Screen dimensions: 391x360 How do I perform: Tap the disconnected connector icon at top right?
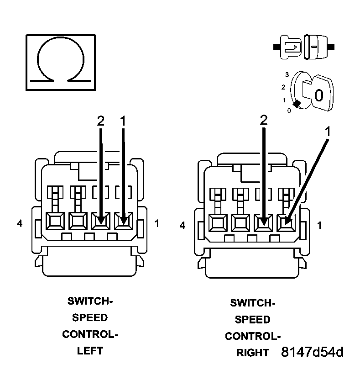303,47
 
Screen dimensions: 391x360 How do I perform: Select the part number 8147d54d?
312,352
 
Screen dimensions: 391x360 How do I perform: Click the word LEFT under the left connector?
90,351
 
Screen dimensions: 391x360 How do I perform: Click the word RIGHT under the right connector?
253,353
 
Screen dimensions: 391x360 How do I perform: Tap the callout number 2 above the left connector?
100,121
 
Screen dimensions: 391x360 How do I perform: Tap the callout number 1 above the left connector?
122,121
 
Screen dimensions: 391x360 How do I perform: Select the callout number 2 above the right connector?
263,120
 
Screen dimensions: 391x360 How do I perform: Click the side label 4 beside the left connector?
19,223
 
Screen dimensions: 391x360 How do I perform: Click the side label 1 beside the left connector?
157,223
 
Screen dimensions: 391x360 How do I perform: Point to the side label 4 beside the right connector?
183,225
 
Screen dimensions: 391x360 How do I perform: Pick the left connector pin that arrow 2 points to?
100,222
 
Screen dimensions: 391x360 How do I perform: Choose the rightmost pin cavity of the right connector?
286,223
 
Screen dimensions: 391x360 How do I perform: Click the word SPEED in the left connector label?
90,317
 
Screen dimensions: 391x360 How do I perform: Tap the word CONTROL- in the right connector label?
253,336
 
